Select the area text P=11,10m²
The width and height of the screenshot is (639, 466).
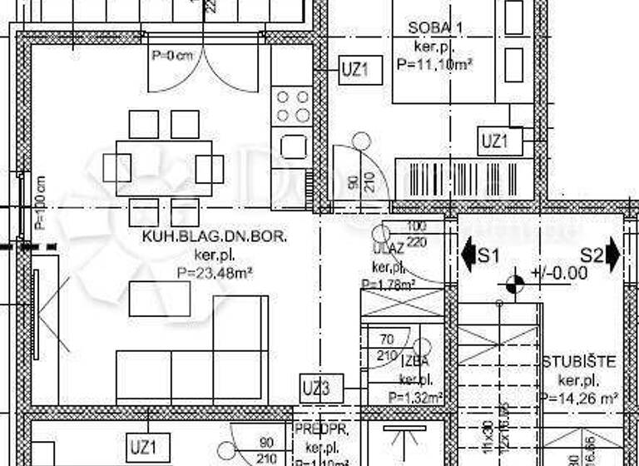[x=435, y=62]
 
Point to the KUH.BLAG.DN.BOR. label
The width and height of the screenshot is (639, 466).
[x=215, y=237]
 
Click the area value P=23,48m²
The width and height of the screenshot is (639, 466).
[x=215, y=271]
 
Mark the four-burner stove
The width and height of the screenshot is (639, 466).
[x=293, y=107]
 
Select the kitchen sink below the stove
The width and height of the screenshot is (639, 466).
[x=293, y=146]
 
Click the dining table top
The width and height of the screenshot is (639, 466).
[x=163, y=168]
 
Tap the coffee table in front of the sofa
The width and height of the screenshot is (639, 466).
[x=160, y=298]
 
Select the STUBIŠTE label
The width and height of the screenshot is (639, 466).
[x=579, y=361]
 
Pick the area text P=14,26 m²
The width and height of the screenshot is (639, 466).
[x=579, y=398]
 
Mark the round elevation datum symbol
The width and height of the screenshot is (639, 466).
[x=514, y=284]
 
